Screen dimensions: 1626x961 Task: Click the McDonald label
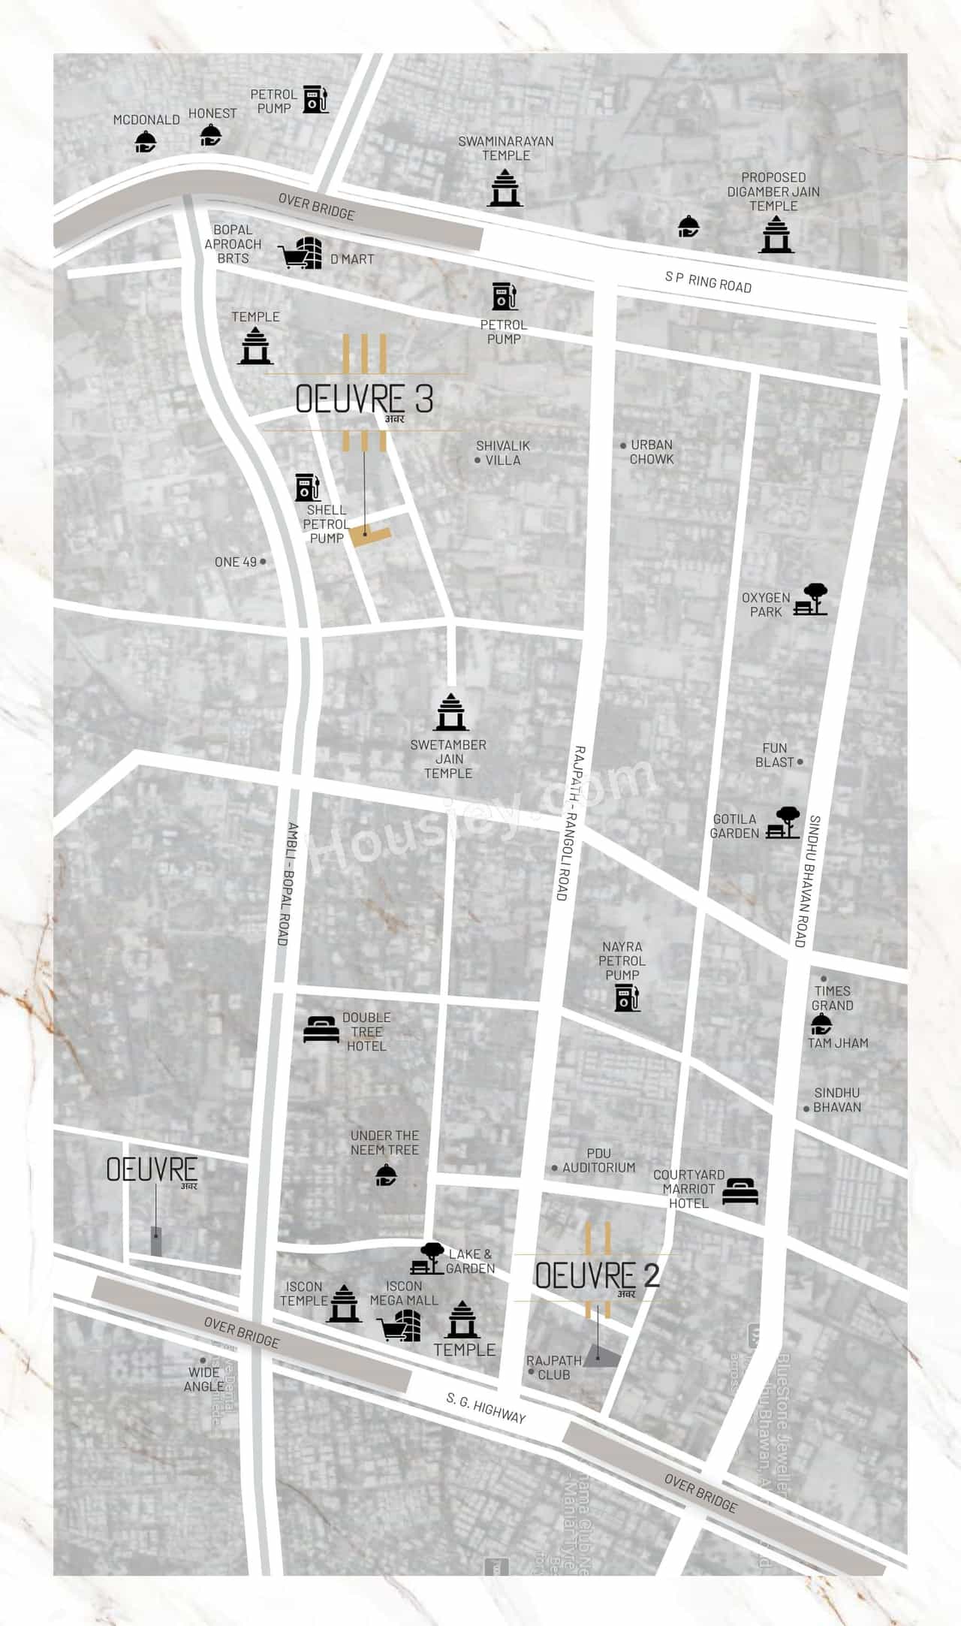tap(146, 120)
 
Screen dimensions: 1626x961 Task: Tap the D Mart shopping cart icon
tap(301, 252)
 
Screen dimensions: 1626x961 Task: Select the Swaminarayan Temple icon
tap(505, 187)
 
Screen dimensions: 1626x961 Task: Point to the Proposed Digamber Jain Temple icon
tap(776, 234)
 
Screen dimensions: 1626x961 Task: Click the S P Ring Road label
tap(708, 282)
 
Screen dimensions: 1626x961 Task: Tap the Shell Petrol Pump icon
tap(308, 487)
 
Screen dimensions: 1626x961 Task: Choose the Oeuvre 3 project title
tap(364, 400)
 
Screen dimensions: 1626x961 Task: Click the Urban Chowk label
tap(652, 451)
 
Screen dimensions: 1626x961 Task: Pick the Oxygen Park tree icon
tap(813, 599)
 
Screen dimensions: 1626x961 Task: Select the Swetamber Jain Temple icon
tap(450, 712)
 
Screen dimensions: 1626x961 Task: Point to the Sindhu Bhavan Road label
tap(806, 880)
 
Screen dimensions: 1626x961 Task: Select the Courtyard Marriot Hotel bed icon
tap(740, 1190)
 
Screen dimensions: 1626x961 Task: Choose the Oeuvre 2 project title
tap(597, 1275)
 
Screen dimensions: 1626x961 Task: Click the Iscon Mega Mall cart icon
tap(402, 1325)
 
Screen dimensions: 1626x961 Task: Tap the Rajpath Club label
tap(554, 1367)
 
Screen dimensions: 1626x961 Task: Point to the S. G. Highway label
tap(486, 1407)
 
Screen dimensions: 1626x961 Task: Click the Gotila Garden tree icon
tap(783, 822)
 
